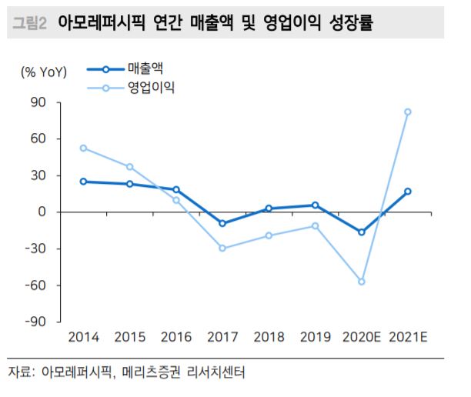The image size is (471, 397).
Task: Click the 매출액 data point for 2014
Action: [83, 182]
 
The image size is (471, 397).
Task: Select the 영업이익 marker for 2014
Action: [83, 148]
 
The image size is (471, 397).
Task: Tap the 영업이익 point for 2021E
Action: [408, 112]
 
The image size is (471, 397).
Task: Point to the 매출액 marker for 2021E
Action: [408, 192]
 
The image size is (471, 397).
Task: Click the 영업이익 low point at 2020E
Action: [362, 282]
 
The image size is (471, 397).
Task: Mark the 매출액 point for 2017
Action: [222, 223]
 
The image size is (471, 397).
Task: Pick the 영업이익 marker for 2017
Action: [222, 248]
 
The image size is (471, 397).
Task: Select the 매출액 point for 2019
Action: [316, 205]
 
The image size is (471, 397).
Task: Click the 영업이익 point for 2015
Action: [130, 166]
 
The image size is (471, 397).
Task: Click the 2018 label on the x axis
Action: [269, 337]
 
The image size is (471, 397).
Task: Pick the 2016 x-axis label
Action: [176, 337]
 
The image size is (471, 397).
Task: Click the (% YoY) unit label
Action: [44, 72]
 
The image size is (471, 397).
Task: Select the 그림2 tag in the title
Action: [30, 23]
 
